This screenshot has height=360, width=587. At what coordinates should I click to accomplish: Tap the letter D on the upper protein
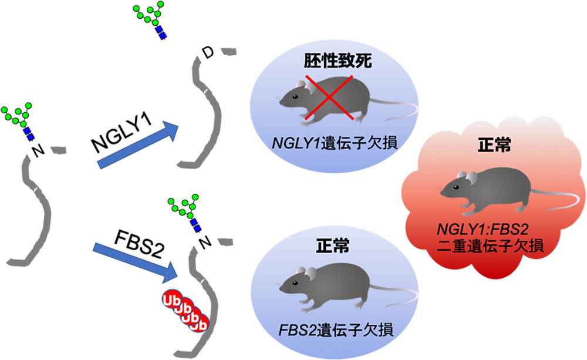click(206, 55)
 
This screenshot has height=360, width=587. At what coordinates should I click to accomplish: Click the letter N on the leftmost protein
click(39, 152)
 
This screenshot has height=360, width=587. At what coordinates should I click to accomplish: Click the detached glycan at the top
click(150, 21)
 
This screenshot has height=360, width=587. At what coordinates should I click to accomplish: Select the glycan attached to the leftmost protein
click(17, 120)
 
